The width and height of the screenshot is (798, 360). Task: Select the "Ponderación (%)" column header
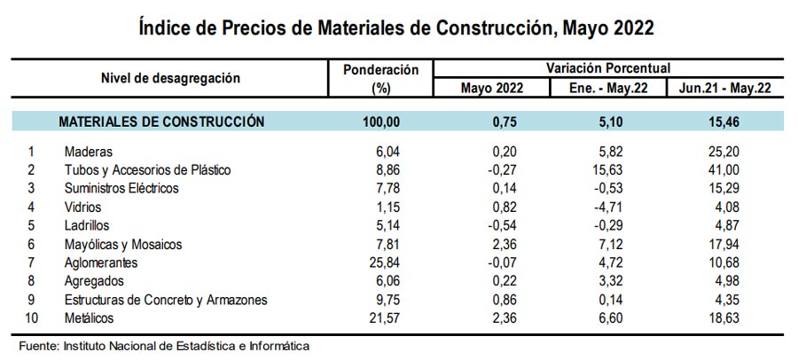379,79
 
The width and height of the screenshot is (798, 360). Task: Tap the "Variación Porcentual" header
607,67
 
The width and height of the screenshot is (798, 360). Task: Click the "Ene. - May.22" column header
607,89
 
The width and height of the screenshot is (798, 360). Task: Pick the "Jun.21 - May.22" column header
723,89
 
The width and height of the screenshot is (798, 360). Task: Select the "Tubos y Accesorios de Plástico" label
147,170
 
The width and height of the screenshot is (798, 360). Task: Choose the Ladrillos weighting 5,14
390,226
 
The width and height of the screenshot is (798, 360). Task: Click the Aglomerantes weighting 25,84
387,263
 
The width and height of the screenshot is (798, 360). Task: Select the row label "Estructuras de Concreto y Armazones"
166,301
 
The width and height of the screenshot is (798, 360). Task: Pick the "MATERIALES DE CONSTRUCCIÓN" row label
161,121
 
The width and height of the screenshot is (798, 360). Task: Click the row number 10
33,318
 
